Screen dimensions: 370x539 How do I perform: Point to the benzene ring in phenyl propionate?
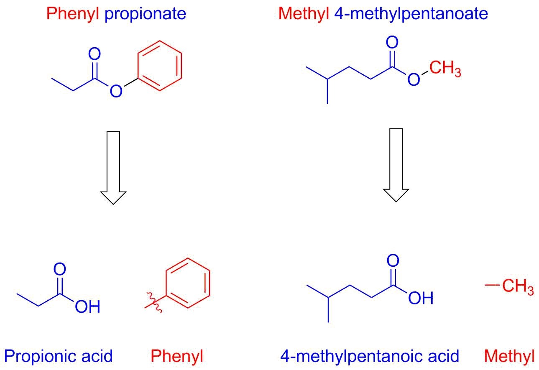[x=160, y=66]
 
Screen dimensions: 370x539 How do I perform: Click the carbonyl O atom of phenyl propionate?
[x=95, y=54]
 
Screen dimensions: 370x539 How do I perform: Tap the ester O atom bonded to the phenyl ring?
[x=116, y=91]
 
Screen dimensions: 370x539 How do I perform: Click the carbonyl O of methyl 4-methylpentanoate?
[x=392, y=43]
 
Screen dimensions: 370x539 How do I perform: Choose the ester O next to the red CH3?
[x=414, y=79]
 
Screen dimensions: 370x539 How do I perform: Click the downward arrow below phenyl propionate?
[x=113, y=167]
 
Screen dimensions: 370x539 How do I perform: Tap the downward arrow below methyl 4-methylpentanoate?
[x=396, y=165]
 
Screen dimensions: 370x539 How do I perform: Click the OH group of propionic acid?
[x=87, y=307]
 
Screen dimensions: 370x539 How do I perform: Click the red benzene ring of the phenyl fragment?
[x=188, y=283]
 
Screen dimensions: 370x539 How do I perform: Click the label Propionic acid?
[x=59, y=356]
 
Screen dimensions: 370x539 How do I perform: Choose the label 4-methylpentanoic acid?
[x=369, y=356]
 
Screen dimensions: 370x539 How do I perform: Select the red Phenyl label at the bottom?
[x=176, y=356]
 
